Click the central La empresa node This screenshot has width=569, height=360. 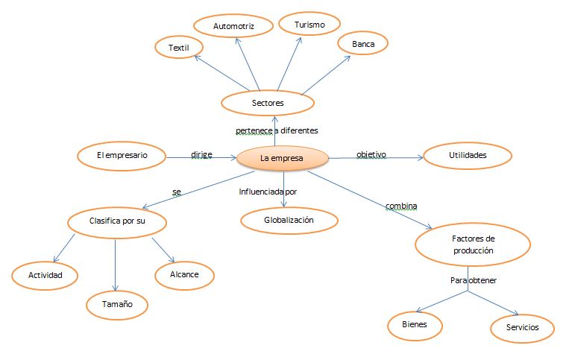[282, 158]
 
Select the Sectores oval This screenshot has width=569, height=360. [267, 102]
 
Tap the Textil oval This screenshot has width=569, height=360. [179, 48]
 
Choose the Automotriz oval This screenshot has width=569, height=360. [233, 25]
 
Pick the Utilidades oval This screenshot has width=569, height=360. [468, 156]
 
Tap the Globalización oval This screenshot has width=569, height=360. [289, 221]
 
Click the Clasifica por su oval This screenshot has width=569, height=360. [116, 221]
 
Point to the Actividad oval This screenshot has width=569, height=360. [45, 275]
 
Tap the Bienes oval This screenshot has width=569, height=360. [415, 326]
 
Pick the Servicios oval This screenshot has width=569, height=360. [522, 327]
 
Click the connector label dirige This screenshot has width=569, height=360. [201, 154]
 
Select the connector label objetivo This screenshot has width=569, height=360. [371, 154]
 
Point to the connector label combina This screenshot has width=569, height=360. [400, 206]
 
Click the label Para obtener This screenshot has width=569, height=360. [473, 280]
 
